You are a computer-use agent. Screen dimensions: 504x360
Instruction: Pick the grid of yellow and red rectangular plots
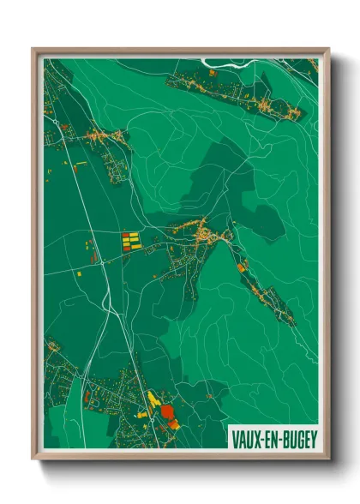(130, 239)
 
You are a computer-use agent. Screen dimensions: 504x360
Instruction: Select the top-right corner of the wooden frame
(327, 50)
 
